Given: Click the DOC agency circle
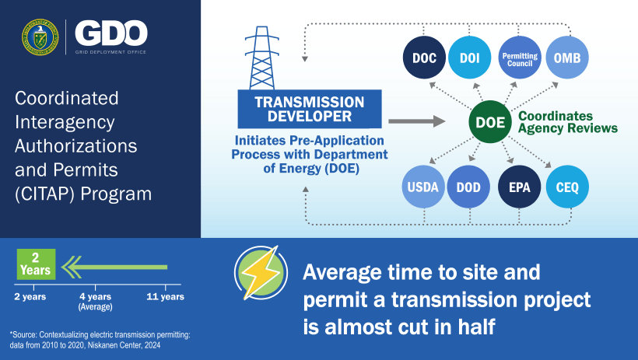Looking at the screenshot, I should click(x=423, y=58).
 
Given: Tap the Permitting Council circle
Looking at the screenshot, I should click(x=519, y=58).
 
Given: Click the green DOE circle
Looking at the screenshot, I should click(x=489, y=122).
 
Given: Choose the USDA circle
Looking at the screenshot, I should click(x=423, y=187).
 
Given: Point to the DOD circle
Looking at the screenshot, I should click(x=468, y=187).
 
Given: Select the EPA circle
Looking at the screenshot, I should click(x=519, y=187).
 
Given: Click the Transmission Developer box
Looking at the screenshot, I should click(x=310, y=110).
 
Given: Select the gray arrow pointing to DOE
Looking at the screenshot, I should click(x=415, y=121).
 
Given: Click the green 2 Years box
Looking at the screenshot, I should click(x=35, y=264).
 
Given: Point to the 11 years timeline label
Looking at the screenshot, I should click(x=165, y=297).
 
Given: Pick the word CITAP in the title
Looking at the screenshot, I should click(x=44, y=194).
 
